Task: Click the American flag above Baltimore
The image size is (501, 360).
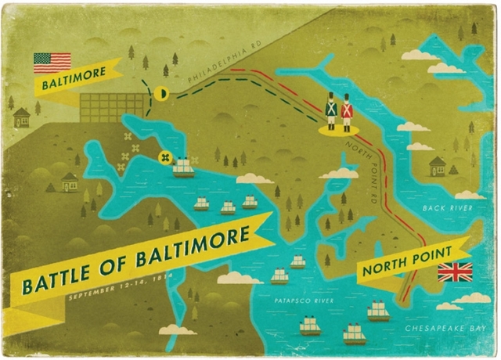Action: (52, 62)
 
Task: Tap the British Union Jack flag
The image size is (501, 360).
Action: (454, 272)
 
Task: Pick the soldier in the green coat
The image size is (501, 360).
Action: (331, 111)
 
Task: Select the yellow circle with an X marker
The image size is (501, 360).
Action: (165, 157)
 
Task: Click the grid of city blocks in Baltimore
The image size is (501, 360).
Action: (113, 108)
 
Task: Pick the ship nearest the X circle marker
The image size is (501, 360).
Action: (183, 167)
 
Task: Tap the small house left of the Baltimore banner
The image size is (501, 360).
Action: (22, 117)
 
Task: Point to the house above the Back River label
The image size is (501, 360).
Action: (437, 166)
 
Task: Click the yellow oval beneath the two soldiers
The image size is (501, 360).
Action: (339, 129)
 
